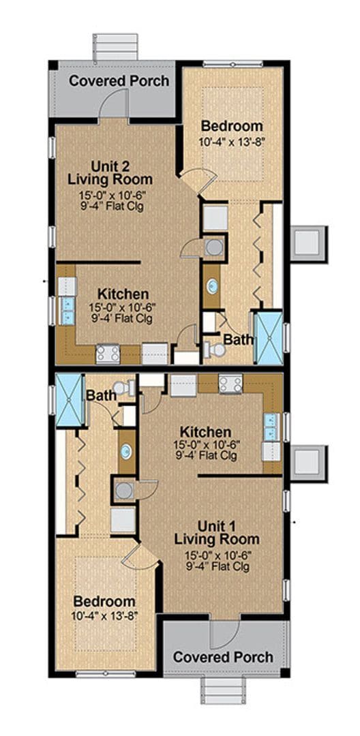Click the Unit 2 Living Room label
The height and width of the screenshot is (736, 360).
[x=110, y=172]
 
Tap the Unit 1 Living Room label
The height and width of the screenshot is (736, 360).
[x=216, y=532]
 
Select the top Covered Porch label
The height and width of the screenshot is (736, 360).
[x=119, y=80]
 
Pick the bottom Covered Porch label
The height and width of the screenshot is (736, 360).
[x=223, y=657]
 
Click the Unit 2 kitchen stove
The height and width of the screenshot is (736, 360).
[x=108, y=354]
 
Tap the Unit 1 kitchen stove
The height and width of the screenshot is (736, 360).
[x=230, y=384]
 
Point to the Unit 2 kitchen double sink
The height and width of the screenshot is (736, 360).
[x=67, y=311]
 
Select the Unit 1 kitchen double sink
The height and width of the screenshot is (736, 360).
[x=272, y=427]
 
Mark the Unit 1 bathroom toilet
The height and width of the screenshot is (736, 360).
[x=123, y=387]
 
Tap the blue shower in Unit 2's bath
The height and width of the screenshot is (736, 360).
[x=269, y=337]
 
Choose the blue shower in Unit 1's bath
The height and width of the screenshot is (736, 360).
[x=69, y=399]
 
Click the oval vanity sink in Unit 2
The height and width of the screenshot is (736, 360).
[x=213, y=286]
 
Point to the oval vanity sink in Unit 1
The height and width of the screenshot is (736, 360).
[x=126, y=452]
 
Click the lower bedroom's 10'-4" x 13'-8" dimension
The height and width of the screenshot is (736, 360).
[x=105, y=614]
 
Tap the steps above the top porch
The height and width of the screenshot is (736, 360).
[x=115, y=47]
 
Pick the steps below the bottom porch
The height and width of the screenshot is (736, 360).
[x=224, y=690]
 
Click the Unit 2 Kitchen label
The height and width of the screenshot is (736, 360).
[x=123, y=294]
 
